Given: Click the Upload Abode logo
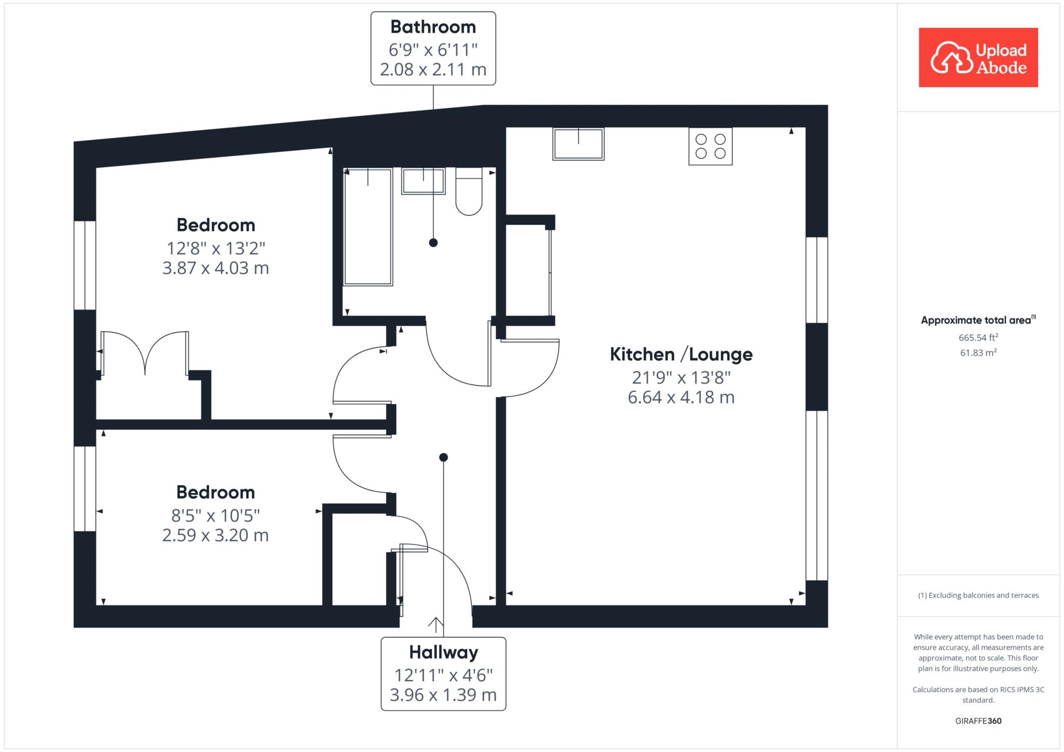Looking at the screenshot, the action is tap(978, 57).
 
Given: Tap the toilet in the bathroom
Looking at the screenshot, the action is tap(469, 191).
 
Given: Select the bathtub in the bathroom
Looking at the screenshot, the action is tap(368, 227).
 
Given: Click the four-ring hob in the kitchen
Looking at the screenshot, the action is tap(710, 146).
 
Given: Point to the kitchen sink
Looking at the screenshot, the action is tap(578, 144).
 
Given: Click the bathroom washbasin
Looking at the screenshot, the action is tap(423, 181).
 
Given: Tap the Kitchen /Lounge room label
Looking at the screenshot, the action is tap(681, 354).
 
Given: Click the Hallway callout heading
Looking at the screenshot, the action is tap(444, 652).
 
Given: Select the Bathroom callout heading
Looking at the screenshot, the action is tap(433, 27).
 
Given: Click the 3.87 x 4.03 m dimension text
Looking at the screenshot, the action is tap(216, 268).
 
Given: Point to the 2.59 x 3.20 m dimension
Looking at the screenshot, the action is tap(216, 535).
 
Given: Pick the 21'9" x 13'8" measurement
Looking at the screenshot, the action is tap(681, 377).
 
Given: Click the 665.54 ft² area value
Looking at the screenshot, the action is tap(978, 337).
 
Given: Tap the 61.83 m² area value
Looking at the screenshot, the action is tap(978, 353).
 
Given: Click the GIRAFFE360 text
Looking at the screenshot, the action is tap(978, 721).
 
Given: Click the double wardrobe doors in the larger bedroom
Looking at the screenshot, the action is tap(145, 353).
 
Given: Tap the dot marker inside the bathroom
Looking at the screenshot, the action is tap(433, 242).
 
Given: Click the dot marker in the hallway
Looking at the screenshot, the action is tap(443, 457).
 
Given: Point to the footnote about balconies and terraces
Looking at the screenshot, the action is tap(978, 595).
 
